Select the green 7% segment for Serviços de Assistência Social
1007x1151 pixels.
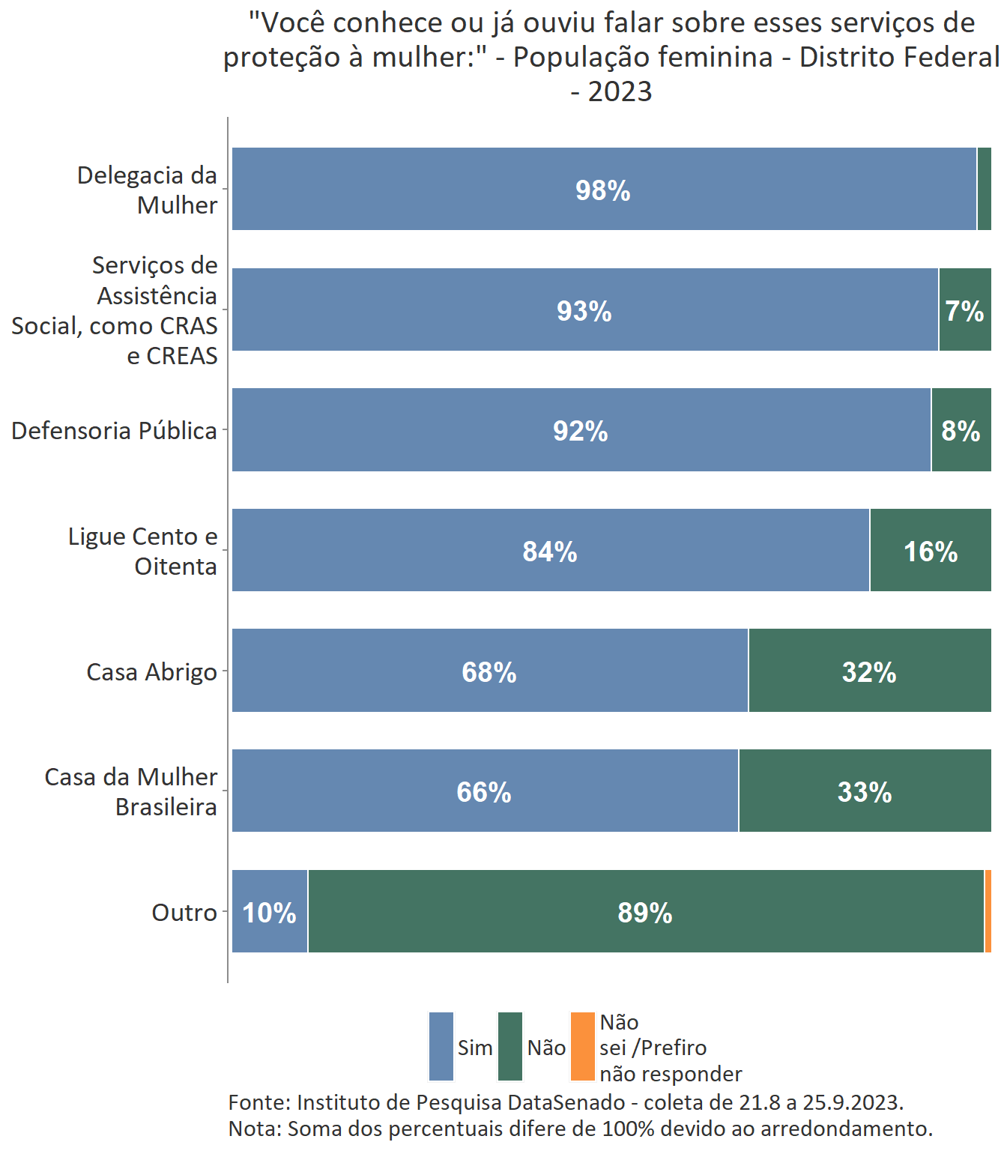click(x=964, y=310)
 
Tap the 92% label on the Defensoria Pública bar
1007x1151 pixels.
click(x=581, y=431)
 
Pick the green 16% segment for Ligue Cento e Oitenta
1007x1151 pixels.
click(x=931, y=552)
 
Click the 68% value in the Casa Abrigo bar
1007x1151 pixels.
click(x=489, y=672)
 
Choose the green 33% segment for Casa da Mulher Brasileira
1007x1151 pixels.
click(x=865, y=792)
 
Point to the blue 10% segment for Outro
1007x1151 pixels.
click(x=270, y=913)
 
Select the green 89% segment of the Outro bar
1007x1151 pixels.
click(x=645, y=913)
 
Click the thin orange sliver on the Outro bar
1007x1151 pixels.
click(x=988, y=912)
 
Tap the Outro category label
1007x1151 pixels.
click(x=184, y=913)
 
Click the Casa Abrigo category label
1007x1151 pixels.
click(x=152, y=672)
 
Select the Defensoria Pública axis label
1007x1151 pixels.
click(x=114, y=431)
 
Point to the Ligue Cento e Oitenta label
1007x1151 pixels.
click(x=142, y=552)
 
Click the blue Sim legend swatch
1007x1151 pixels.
click(x=441, y=1047)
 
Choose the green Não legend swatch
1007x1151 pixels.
click(x=510, y=1047)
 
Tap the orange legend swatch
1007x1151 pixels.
click(x=582, y=1047)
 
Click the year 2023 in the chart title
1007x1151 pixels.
click(x=620, y=92)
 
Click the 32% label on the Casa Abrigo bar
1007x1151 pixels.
click(x=869, y=672)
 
